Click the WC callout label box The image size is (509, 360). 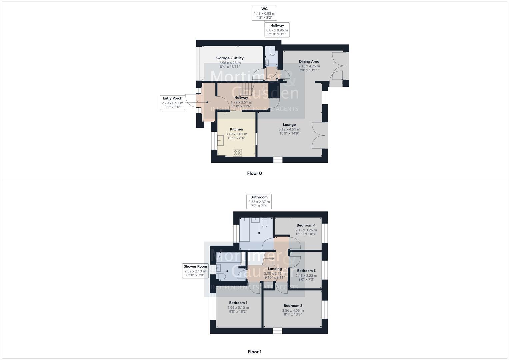264,13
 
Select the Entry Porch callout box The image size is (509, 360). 172,103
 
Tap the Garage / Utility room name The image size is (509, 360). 230,58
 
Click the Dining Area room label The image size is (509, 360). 309,61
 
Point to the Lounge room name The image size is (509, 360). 289,125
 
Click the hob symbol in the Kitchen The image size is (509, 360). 237,153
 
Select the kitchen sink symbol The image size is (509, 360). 221,141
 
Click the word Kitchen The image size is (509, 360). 236,129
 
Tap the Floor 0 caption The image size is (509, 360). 254,173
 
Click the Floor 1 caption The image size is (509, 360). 254,352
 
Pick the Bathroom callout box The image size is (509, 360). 259,202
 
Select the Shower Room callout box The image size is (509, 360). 195,271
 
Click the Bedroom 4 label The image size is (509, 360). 306,225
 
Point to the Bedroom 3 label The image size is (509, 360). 306,271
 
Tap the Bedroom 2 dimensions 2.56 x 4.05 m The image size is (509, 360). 293,310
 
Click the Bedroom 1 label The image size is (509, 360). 238,303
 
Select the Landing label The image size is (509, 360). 275,269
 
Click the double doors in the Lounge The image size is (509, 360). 318,135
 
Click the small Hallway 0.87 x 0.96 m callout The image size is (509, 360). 277,30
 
